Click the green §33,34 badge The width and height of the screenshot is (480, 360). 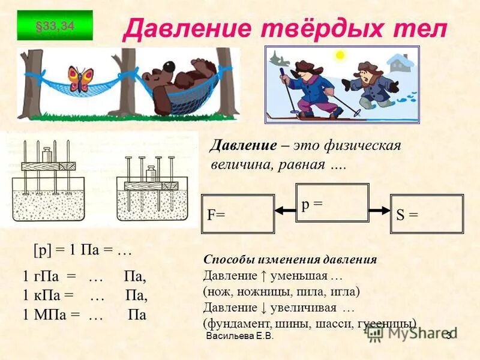pos(55,25)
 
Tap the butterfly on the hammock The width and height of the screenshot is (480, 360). pos(82,79)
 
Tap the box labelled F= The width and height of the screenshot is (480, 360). pos(238,214)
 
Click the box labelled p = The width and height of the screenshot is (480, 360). pos(332,204)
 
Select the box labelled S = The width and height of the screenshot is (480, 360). pos(427,214)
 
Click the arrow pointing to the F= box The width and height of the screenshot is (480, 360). pos(285,209)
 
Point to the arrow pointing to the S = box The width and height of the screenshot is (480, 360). pos(379,209)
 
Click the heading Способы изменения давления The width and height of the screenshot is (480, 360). pos(290,260)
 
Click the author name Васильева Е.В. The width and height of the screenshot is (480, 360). pos(239,337)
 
